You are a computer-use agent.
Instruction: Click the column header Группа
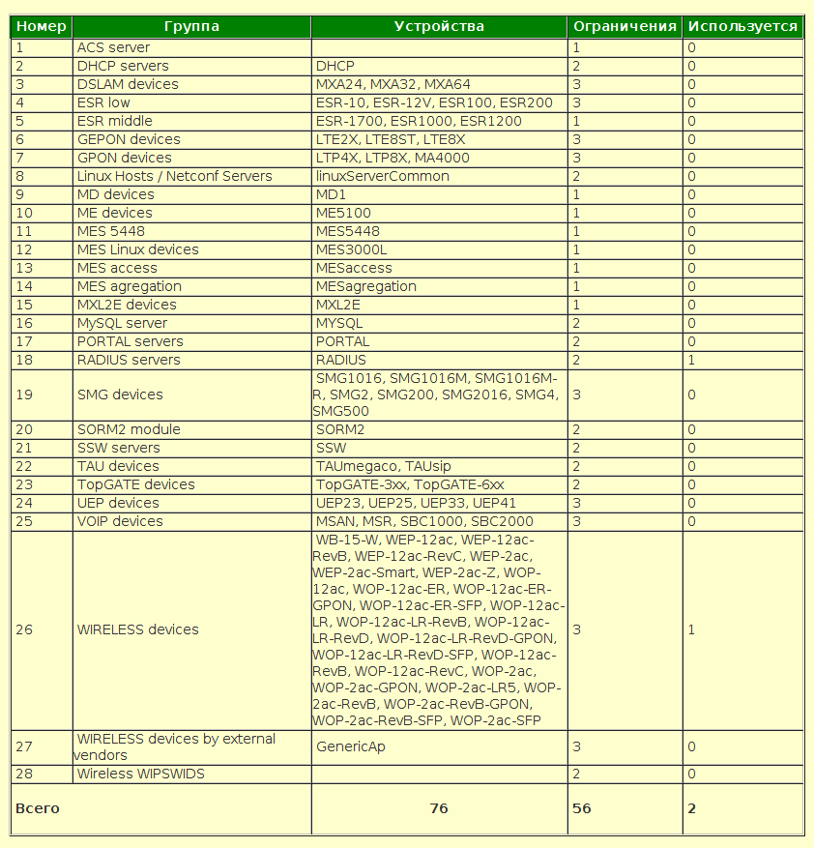coord(191,27)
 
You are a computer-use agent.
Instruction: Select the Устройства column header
coord(439,27)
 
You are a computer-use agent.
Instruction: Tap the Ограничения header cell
coord(625,27)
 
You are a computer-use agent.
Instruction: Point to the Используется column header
coord(742,27)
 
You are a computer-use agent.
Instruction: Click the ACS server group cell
coord(113,47)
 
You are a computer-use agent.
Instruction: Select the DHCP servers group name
coord(123,66)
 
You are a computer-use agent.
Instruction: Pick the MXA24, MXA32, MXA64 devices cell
coord(393,84)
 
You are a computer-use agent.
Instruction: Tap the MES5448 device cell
coord(348,231)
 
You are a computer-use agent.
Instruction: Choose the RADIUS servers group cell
coord(129,360)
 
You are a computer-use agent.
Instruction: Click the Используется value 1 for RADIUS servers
coord(691,360)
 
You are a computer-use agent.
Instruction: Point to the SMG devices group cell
coord(120,395)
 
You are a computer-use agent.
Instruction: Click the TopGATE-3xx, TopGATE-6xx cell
coord(410,484)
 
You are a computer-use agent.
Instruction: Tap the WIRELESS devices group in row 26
coord(137,629)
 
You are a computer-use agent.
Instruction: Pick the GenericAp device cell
coord(352,746)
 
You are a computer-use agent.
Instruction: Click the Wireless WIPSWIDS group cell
coord(141,774)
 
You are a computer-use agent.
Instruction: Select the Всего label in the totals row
coord(38,808)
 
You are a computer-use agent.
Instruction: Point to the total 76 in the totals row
coord(439,808)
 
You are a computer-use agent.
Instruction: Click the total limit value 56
coord(582,808)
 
